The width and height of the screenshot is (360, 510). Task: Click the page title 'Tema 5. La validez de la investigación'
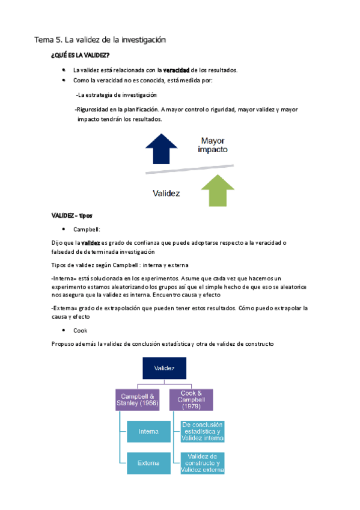click(99, 40)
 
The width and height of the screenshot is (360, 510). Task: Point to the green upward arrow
click(219, 189)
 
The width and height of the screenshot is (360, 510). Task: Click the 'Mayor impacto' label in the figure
click(217, 144)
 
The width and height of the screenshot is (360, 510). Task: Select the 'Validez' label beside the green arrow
click(167, 194)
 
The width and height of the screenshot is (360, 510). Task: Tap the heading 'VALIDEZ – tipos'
click(72, 215)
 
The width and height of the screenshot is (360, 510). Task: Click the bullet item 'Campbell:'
click(87, 230)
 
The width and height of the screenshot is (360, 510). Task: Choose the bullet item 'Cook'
click(80, 331)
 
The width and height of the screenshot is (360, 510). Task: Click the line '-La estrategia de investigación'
click(116, 95)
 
